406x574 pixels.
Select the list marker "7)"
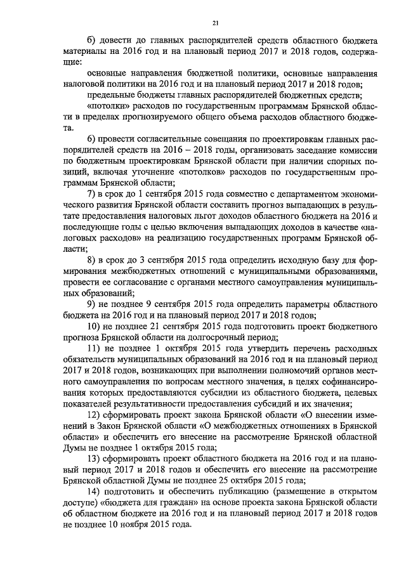coord(91,192)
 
